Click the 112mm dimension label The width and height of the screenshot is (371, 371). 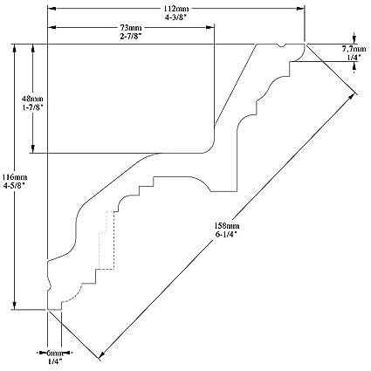[175, 9]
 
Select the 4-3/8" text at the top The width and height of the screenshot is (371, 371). [175, 17]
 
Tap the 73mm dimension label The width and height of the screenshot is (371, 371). [131, 28]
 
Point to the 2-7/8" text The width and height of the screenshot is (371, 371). [131, 36]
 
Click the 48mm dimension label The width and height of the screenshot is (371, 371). [32, 100]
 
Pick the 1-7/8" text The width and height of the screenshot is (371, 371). [32, 107]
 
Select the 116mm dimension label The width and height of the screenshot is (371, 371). [15, 177]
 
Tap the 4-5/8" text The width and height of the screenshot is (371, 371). [15, 185]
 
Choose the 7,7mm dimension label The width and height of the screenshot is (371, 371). [354, 49]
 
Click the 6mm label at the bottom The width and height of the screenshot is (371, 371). [55, 354]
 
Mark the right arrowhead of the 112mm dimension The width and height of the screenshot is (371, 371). [300, 9]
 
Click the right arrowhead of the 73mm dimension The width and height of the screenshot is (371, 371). [210, 28]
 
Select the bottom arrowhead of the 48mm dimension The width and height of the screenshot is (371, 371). [32, 148]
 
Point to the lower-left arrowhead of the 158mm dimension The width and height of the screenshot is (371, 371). [101, 354]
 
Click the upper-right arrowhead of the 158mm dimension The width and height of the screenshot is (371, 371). [354, 97]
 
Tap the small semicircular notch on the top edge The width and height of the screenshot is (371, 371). [281, 45]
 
